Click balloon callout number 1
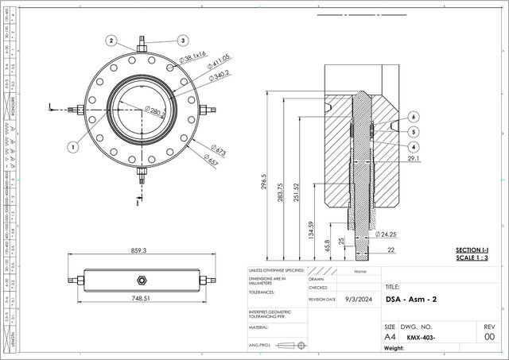72,146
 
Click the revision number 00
489,337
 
